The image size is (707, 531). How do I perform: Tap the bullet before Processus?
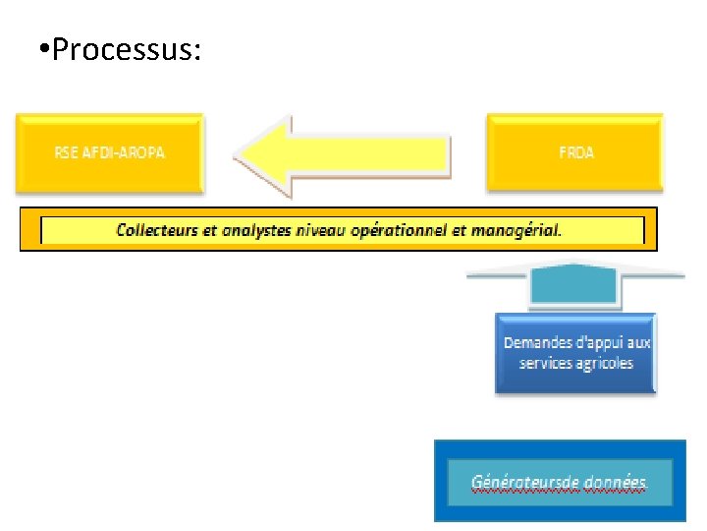(38, 49)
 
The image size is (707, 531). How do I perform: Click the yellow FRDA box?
(574, 152)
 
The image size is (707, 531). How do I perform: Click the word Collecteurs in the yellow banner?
(156, 230)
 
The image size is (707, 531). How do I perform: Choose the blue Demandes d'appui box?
(575, 353)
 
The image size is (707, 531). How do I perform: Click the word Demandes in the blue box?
(537, 343)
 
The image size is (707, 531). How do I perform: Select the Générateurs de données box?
(560, 481)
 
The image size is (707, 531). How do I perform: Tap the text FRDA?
(575, 152)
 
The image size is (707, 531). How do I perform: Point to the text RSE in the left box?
(66, 152)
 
